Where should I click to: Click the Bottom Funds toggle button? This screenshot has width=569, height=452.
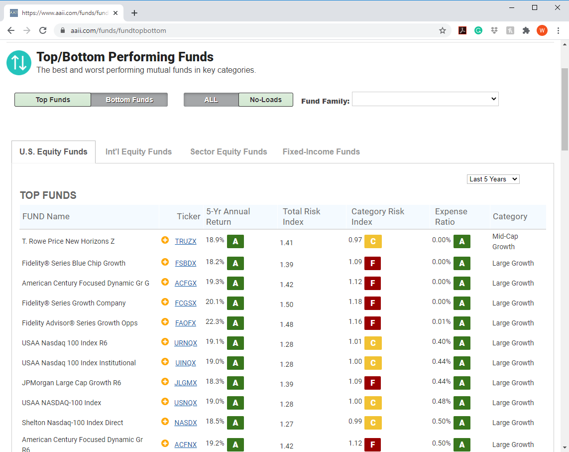coord(129,100)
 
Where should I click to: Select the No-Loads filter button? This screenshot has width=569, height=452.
coord(266,100)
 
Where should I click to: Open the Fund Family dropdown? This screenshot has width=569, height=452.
coord(425,99)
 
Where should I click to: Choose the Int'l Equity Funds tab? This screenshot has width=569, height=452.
coord(138,151)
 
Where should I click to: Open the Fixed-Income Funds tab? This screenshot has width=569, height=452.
coord(321,151)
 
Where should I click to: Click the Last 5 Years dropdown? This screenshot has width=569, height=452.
coord(493,179)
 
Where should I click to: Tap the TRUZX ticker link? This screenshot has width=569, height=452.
coord(185,241)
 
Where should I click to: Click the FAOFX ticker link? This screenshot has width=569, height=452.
coord(185,323)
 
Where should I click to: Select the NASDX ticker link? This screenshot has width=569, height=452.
coord(185,423)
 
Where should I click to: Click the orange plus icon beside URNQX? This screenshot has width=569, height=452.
coord(165,341)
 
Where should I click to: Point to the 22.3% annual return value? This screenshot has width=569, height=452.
coord(215,321)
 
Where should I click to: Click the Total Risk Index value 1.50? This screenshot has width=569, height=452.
coord(287,304)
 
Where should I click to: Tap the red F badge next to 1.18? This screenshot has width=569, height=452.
coord(373,303)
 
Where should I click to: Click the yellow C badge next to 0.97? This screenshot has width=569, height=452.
coord(373,241)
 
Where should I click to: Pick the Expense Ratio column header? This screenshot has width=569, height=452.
coord(451,217)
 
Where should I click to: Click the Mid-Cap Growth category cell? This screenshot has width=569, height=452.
coord(505,241)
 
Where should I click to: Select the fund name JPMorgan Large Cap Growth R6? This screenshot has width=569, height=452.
coord(72,383)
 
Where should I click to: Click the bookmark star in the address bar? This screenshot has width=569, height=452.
coord(443,30)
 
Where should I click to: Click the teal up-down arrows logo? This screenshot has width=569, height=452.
coord(19,63)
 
